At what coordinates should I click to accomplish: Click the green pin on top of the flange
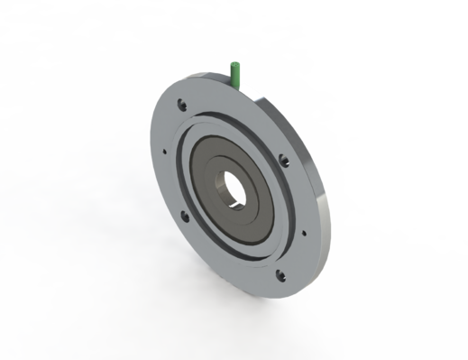(x=235, y=74)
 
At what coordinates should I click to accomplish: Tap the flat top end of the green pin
(x=234, y=64)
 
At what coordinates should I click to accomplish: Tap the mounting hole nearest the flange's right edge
(x=285, y=163)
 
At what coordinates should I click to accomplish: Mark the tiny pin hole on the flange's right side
(x=303, y=232)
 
